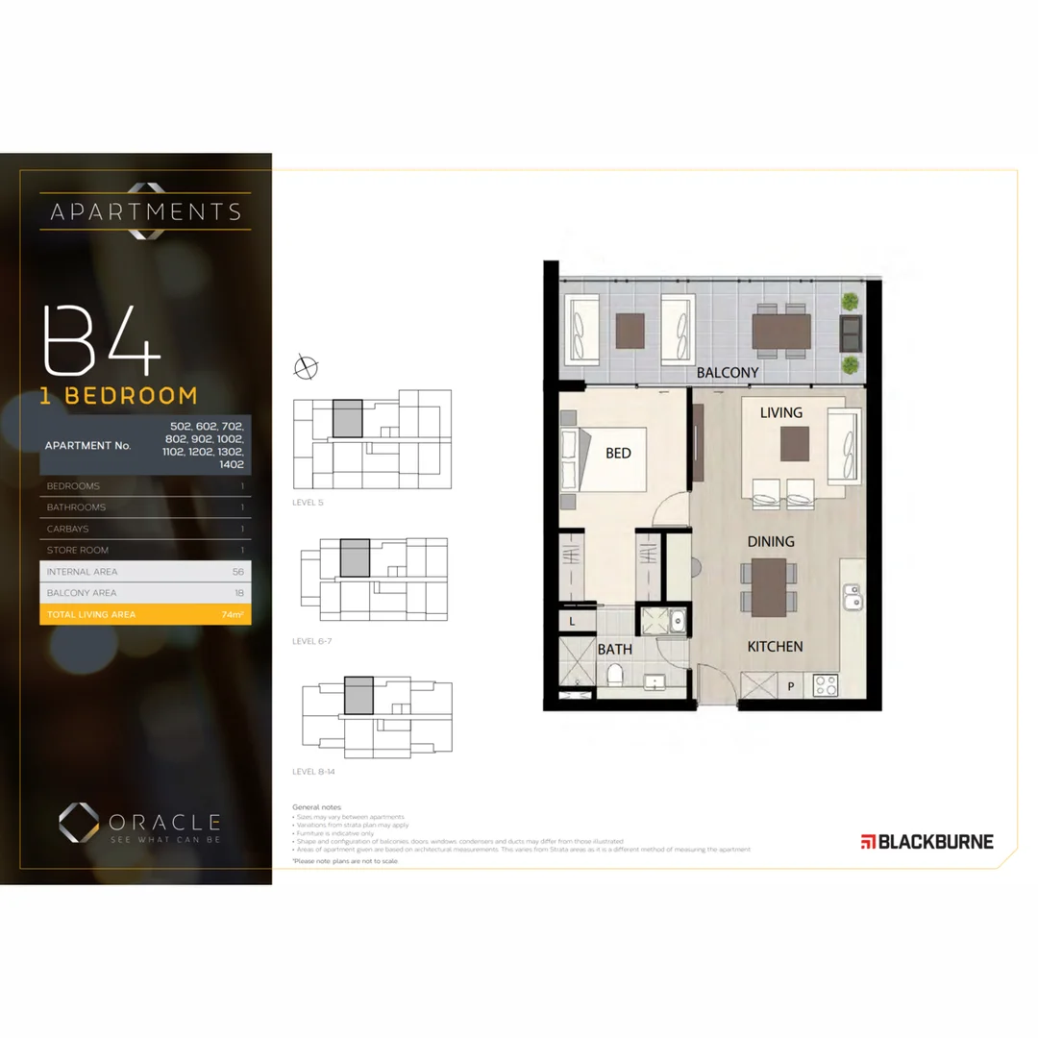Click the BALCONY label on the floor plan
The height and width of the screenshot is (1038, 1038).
(728, 372)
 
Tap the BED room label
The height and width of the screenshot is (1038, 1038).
(618, 453)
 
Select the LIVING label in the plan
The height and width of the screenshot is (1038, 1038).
(780, 412)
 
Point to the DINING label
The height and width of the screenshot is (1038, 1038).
(771, 541)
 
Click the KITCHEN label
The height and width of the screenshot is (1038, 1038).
(775, 647)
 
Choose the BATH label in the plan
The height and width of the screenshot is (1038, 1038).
(615, 649)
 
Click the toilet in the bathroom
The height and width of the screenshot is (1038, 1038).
(614, 677)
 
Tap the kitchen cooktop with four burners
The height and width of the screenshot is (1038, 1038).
(826, 684)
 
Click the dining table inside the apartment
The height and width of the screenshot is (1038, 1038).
(769, 587)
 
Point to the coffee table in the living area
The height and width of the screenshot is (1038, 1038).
(795, 444)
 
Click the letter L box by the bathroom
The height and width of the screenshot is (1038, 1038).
(572, 622)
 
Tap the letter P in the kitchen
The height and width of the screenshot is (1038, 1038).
(791, 686)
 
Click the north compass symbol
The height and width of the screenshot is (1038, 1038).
(306, 366)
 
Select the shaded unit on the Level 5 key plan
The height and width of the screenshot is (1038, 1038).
(347, 418)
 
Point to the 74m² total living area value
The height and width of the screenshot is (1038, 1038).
(232, 614)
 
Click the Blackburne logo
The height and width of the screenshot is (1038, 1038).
(927, 842)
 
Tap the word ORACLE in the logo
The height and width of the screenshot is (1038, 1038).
(163, 822)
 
